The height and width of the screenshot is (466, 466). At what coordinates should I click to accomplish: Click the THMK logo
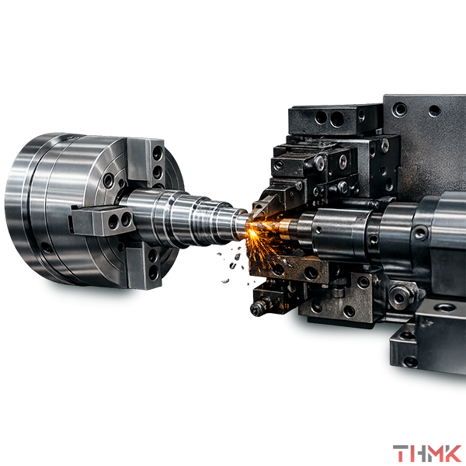(426, 454)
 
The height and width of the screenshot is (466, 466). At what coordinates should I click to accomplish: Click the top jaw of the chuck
(146, 162)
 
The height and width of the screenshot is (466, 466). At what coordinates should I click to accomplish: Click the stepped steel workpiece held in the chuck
(184, 217)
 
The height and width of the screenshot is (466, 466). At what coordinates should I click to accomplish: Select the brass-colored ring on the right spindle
(286, 229)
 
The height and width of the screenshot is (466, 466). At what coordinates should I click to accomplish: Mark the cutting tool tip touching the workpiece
(253, 214)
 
